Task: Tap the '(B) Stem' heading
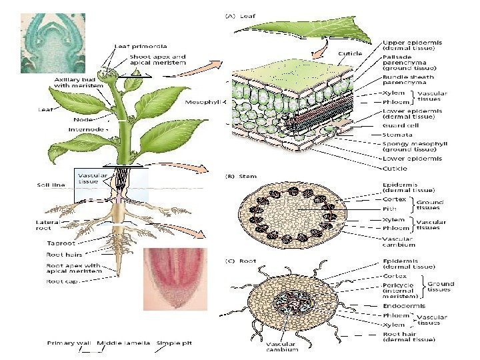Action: click(235, 177)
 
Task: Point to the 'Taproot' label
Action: click(61, 243)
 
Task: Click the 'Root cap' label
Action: click(62, 281)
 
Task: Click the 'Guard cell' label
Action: click(400, 125)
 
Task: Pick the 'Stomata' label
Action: click(397, 135)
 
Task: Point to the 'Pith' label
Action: click(389, 208)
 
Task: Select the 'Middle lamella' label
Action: click(123, 343)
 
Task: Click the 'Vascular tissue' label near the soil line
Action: click(89, 177)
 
